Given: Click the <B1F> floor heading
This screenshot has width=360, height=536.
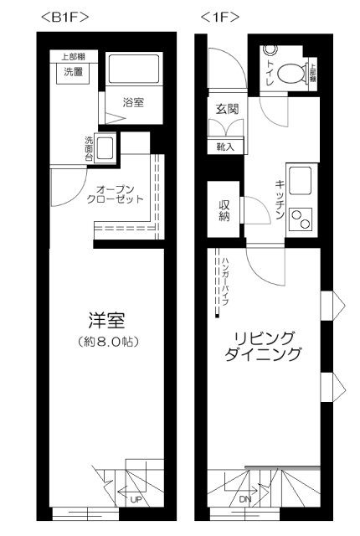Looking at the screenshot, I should coord(64,16).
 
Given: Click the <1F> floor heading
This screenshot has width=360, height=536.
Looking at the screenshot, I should coord(220,16).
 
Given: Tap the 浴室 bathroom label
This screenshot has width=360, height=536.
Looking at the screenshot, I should coord(133,103).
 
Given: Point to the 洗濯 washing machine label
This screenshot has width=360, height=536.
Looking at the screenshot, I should coord(75,73).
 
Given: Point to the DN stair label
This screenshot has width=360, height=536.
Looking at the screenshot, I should coord(244,499).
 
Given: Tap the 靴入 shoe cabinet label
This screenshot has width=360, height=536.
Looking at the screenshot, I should coord(225,147).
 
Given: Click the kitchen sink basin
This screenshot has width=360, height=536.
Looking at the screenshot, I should coord(299,179).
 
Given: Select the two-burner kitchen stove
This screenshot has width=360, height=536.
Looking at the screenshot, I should coord(299,217).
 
